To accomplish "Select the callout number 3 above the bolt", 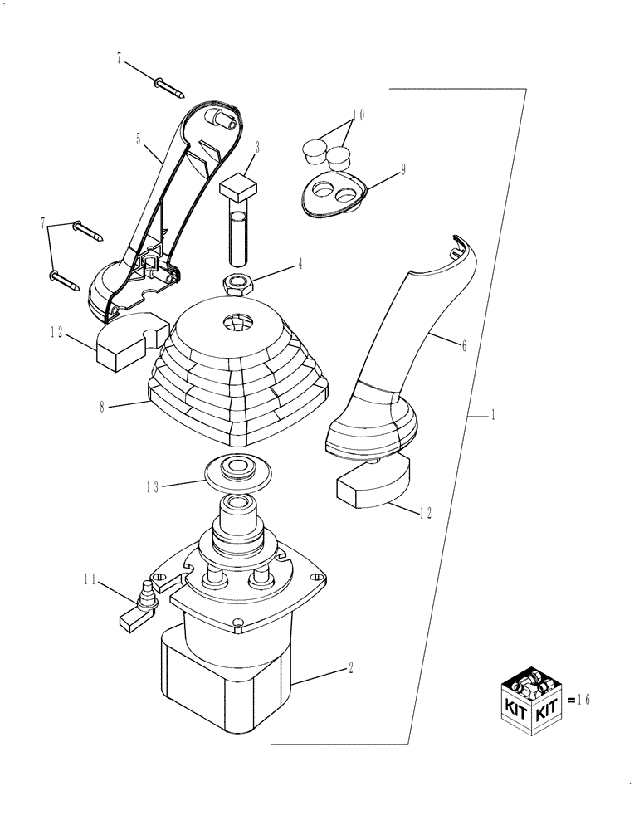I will (258, 148).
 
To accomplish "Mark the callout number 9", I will (402, 168).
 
